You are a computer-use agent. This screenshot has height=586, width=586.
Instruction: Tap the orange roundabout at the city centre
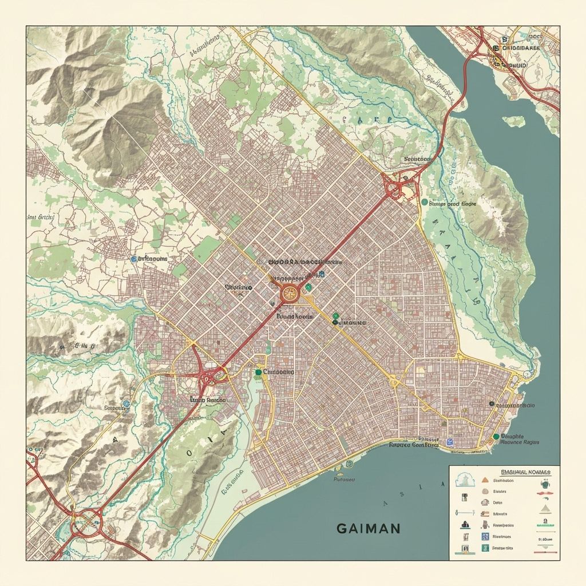tap(290, 294)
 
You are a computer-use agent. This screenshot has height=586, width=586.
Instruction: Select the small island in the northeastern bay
tap(514, 121)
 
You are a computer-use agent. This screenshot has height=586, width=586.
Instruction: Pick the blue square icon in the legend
tap(485, 536)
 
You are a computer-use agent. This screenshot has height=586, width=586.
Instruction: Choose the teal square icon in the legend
tap(485, 548)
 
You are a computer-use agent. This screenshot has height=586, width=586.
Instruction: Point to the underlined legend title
tap(525, 472)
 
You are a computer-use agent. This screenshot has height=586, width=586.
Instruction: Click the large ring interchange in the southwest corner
tap(86, 521)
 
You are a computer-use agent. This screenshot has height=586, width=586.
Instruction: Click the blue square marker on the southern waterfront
tap(450, 442)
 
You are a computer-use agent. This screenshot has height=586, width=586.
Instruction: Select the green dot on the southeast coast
tap(496, 437)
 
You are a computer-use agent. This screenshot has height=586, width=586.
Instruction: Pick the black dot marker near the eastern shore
tap(492, 404)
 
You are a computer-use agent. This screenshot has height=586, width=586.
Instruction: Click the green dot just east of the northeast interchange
tap(424, 202)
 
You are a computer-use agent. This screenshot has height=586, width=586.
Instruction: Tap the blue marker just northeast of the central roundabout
tap(322, 275)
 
